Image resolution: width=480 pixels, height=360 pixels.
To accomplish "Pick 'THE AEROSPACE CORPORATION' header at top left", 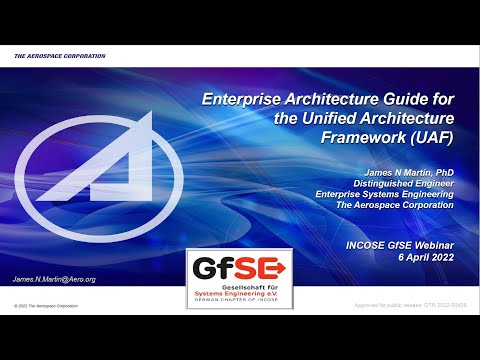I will (59, 56).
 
